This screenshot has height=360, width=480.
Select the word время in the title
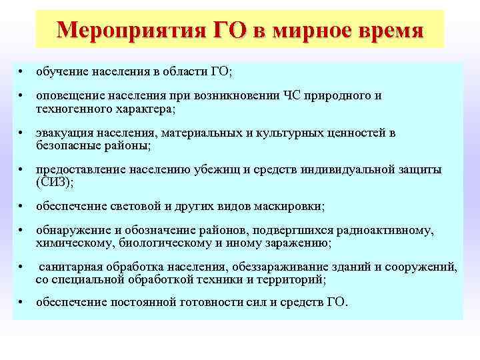point(387,31)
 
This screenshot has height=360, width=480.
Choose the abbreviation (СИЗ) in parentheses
point(53,182)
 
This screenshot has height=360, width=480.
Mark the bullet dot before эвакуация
point(22,133)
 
